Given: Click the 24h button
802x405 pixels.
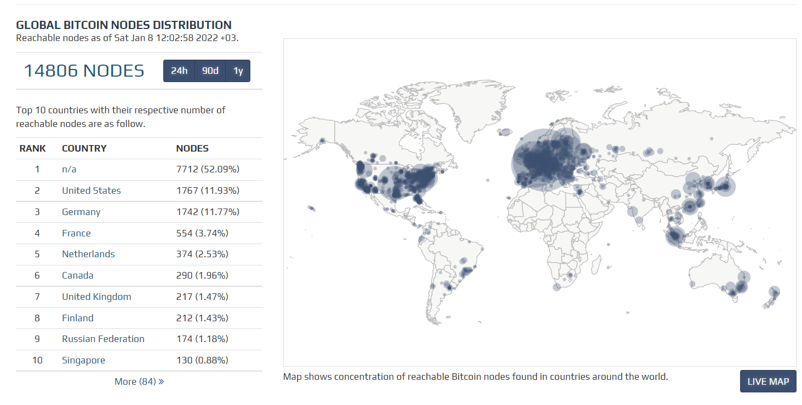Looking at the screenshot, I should [179, 71].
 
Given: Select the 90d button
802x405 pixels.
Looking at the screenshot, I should [210, 71].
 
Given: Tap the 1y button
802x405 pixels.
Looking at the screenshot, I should [238, 71].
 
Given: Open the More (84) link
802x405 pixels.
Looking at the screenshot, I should [139, 381].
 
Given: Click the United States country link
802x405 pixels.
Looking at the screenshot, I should [91, 190].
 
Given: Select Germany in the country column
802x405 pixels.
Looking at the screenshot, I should [81, 212].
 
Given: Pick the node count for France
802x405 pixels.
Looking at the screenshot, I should [202, 233].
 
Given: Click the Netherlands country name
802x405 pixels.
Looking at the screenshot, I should [88, 254].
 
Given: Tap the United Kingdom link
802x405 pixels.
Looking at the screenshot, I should [96, 297].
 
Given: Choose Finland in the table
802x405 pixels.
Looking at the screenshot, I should [78, 318].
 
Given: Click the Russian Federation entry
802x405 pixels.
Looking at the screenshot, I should [103, 339].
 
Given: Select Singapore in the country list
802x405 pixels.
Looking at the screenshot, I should [83, 360].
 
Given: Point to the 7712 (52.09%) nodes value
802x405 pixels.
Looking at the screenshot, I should [208, 169].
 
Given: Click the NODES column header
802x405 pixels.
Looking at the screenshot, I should [192, 148].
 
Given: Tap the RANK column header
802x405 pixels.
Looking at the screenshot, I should [33, 148].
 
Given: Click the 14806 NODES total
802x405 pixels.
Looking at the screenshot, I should [84, 71].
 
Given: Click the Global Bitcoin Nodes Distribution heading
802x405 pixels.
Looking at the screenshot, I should [124, 25].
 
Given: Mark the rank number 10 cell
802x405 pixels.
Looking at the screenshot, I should [37, 360].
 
